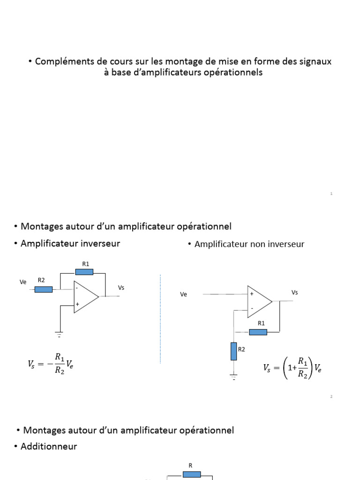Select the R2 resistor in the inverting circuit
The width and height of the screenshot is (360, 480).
tap(44, 289)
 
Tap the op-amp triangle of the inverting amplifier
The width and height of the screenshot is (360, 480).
tap(85, 297)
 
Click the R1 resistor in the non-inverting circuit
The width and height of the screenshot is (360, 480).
tap(258, 332)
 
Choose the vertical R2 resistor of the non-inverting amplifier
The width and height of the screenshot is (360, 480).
tap(234, 351)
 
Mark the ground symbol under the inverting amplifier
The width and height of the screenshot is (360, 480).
tap(60, 334)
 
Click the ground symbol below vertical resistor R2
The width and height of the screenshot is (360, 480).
tap(234, 376)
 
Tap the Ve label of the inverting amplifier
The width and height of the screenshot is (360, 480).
tap(23, 282)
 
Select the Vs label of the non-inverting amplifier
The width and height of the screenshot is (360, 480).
tap(294, 292)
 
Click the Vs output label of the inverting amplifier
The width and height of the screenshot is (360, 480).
tap(121, 287)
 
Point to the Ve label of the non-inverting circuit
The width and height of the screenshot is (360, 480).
tap(184, 294)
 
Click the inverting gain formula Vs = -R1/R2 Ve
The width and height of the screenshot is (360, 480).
tap(51, 363)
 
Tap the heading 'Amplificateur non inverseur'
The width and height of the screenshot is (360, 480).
tap(249, 244)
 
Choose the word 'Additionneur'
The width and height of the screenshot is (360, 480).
tap(49, 446)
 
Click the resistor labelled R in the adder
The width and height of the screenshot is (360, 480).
tap(192, 474)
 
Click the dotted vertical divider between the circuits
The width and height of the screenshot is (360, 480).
tap(160, 319)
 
